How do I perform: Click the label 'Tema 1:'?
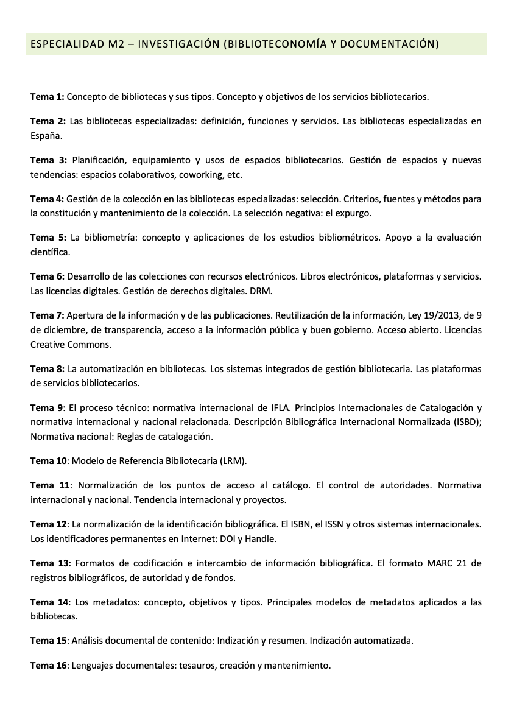coord(47,96)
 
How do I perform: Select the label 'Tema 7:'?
coord(47,315)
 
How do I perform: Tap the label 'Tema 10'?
coord(49,461)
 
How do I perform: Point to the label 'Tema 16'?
coord(49,666)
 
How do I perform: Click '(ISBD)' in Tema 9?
coord(466,422)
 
